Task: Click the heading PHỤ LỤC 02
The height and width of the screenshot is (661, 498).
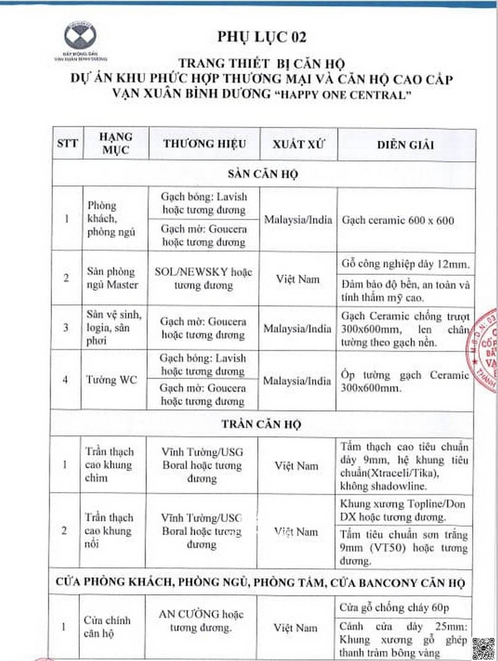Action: pos(262,37)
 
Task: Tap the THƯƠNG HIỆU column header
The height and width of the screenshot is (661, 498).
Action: pos(205,144)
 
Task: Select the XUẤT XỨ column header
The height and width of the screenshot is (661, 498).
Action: pos(298,144)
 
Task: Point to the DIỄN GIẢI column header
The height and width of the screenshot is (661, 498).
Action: pos(405,145)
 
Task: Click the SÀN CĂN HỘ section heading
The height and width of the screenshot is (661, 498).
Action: pos(263,174)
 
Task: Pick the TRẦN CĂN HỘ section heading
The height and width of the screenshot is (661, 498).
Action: pos(261,424)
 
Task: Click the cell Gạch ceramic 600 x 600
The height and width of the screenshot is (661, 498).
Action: pos(398,220)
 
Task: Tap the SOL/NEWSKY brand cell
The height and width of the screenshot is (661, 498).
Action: pos(203,278)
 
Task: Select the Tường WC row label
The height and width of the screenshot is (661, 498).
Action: pos(111,380)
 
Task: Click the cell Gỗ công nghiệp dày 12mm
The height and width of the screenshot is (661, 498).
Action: pos(405,264)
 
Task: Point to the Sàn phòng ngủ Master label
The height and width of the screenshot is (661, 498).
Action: pos(112,278)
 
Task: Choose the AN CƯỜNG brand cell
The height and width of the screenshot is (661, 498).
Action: pos(201,620)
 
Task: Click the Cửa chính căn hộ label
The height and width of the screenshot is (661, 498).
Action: pos(107,627)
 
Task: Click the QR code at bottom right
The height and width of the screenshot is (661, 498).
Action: pos(483,648)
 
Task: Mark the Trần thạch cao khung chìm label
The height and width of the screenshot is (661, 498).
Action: pos(109,465)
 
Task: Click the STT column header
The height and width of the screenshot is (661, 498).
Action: pos(67,144)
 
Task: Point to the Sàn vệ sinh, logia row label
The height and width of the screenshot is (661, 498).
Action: pos(113,327)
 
